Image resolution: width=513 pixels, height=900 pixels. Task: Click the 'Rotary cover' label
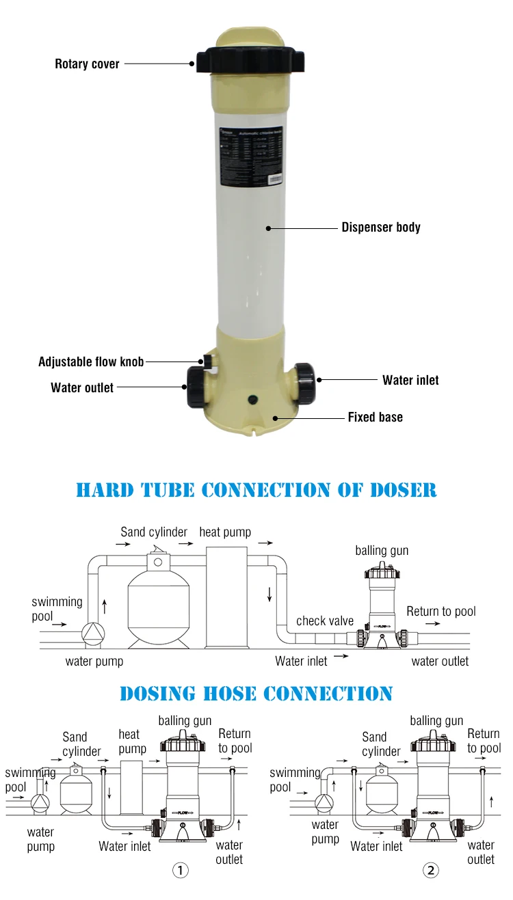pos(87,64)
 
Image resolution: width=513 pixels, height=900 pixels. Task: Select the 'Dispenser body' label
pos(381,228)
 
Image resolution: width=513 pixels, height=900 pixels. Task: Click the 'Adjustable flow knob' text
pos(91,362)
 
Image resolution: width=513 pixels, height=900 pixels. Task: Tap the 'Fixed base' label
pos(375,417)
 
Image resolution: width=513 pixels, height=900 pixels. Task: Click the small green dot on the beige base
pos(250,398)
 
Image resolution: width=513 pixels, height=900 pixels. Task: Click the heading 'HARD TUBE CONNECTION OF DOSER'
pos(256,490)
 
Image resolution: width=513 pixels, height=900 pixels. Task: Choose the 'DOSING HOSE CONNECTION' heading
pos(256,694)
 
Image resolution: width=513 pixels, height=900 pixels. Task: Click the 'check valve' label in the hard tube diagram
pos(325,621)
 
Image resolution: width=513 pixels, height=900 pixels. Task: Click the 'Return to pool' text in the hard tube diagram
pos(441,611)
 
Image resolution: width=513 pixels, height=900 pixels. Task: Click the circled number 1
pos(179,870)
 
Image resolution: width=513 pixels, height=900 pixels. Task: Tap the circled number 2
pos(430,870)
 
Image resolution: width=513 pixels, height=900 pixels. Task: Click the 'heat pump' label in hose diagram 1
pos(129,741)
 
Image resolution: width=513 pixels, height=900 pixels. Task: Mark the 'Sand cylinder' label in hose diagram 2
pos(380,744)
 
